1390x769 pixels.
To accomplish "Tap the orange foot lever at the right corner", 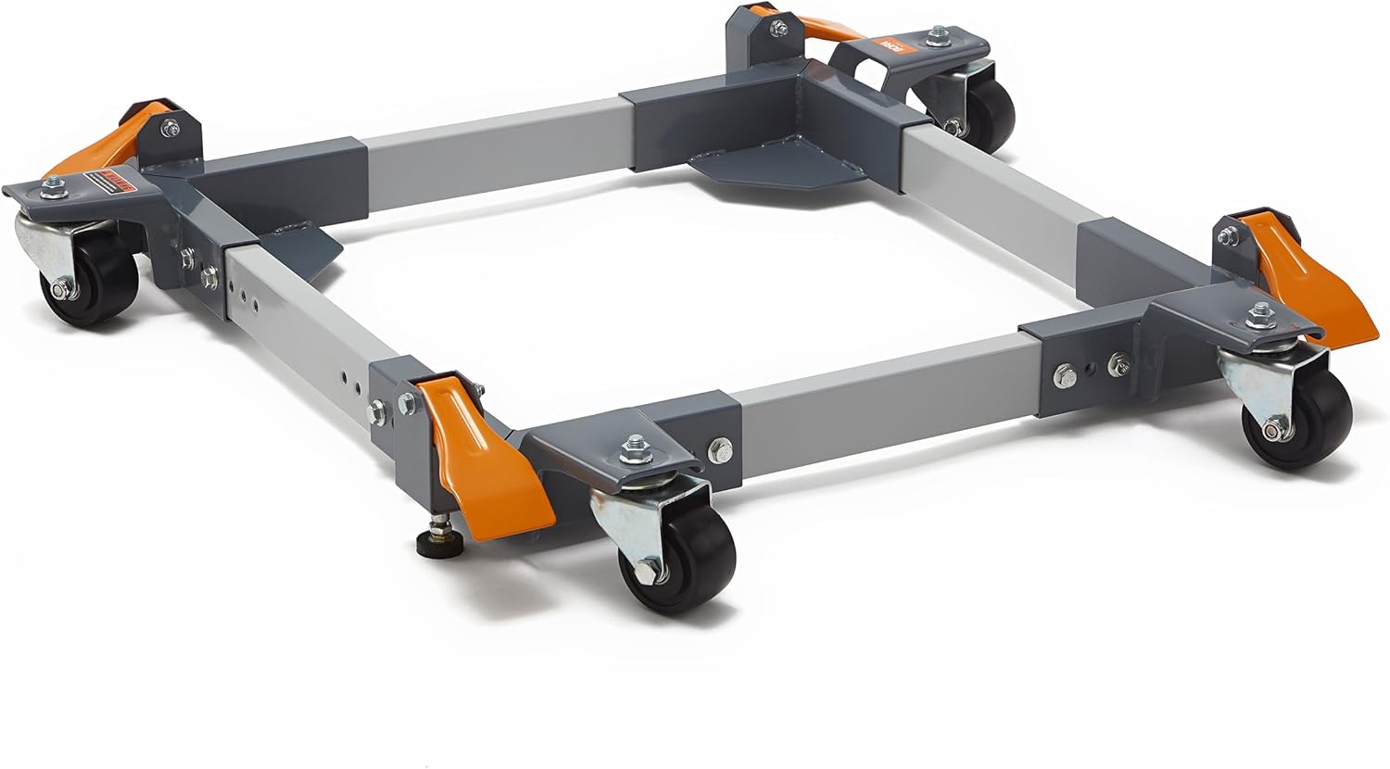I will tap(1297, 278).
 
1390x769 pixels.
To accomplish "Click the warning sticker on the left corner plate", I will tap(107, 182).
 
